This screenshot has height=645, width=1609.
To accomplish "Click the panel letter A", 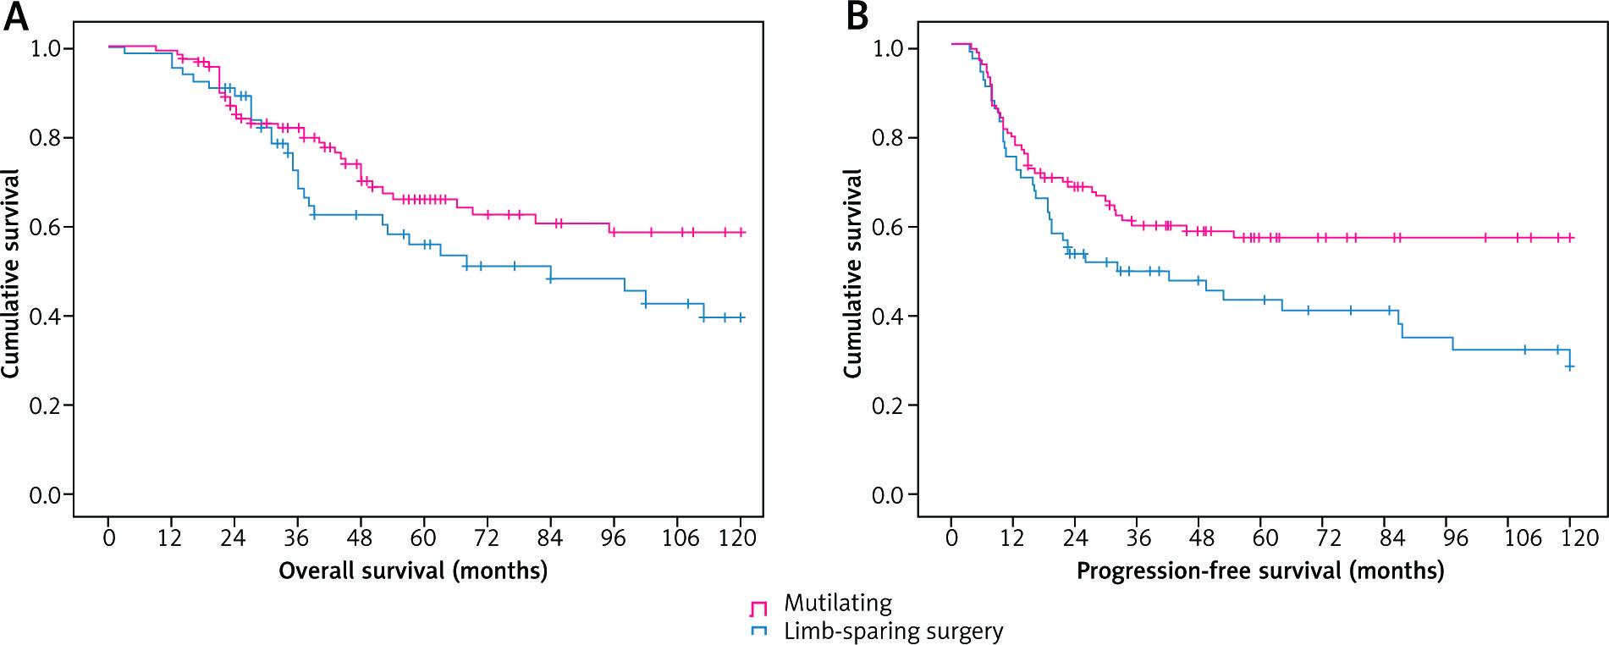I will point(15,16).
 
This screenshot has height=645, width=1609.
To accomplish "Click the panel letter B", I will point(857,16).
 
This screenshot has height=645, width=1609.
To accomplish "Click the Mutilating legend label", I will point(837,604).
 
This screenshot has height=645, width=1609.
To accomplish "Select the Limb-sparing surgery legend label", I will point(893,631).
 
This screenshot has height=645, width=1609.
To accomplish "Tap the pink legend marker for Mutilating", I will point(758,608).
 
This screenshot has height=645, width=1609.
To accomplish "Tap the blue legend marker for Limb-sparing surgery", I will point(758,631).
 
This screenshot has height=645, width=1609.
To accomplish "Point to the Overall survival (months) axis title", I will point(413,571).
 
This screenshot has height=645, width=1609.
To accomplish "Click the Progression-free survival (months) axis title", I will point(1259,571).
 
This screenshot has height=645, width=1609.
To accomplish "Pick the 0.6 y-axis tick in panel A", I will point(46,228).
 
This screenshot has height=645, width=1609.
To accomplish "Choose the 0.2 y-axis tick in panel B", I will point(889,406).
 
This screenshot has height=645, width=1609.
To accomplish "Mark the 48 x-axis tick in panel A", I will point(359,538).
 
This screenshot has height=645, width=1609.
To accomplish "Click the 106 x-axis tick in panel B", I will point(1523,538).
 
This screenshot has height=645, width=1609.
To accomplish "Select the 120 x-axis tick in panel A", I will point(737,538).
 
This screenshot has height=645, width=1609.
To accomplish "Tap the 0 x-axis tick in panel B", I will point(951,538).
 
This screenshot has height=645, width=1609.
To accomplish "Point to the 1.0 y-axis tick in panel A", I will point(46,49).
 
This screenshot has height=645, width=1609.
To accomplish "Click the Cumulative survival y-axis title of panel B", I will point(852,273).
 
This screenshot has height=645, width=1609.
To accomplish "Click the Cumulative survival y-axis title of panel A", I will point(10,273).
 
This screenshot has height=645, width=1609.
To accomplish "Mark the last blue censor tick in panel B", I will point(1569,367).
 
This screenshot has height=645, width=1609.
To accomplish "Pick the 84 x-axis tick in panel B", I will point(1392,538).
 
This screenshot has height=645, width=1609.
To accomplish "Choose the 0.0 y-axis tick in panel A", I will point(46,495).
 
